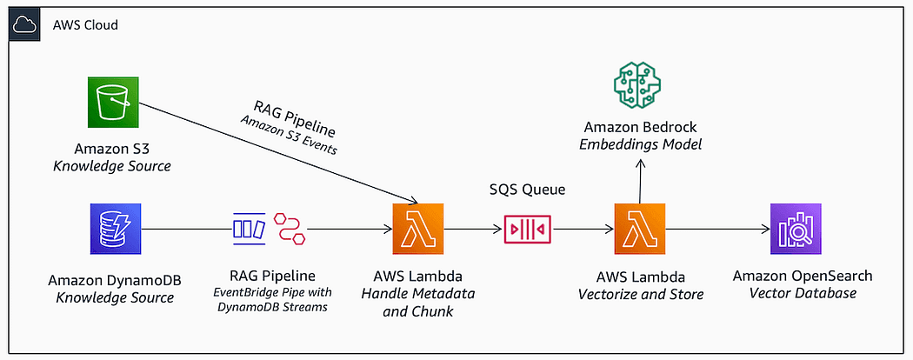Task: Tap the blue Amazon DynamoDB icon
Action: (116, 229)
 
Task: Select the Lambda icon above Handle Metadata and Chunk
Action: (418, 229)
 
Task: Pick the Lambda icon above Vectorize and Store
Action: (639, 229)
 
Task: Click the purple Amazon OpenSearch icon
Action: (796, 229)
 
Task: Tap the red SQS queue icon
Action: (527, 229)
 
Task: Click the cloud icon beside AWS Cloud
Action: (25, 24)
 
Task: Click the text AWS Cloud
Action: (85, 25)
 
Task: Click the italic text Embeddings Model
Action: (640, 143)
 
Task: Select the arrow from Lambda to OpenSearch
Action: (717, 229)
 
